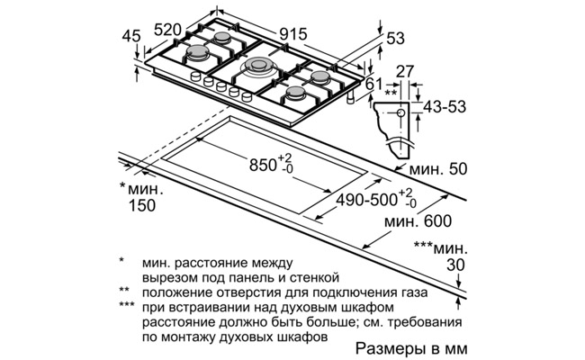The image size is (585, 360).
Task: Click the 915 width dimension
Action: [x=293, y=34]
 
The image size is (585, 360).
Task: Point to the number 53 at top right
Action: [x=396, y=39]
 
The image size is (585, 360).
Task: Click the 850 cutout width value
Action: [x=265, y=165]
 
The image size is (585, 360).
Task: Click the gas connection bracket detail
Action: [x=394, y=121]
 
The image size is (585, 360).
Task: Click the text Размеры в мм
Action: [x=413, y=347]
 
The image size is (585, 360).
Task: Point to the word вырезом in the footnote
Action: [x=166, y=277]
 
